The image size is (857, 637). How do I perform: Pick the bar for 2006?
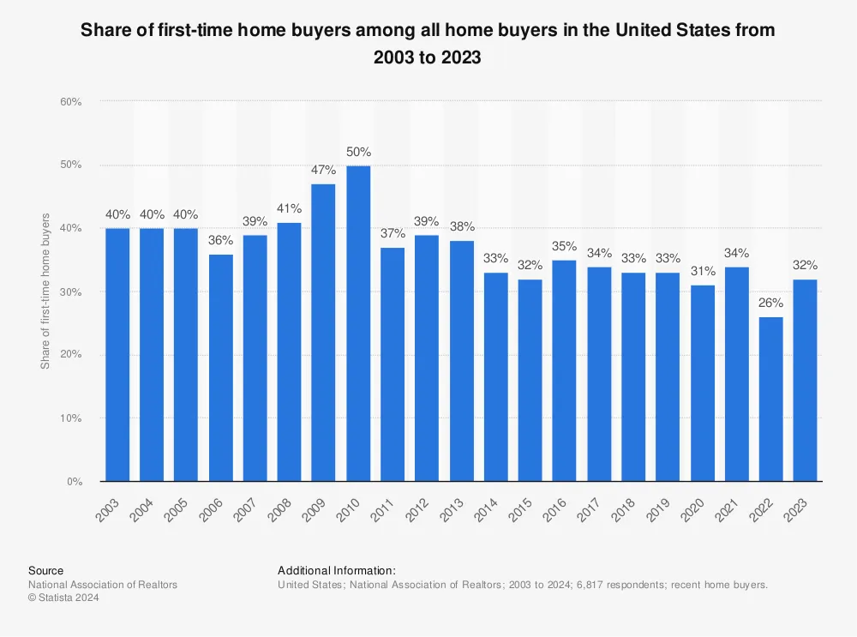220,368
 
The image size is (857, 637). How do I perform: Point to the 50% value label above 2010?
358,152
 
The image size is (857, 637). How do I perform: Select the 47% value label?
324,171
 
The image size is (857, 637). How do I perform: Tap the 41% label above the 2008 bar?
290,208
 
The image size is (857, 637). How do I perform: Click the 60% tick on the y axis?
70,102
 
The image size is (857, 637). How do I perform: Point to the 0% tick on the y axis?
74,482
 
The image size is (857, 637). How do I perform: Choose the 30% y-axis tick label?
70,292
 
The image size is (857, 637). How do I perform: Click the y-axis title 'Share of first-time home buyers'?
45,291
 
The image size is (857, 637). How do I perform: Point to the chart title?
428,44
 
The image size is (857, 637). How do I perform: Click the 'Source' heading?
45,570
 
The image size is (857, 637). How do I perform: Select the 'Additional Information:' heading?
336,570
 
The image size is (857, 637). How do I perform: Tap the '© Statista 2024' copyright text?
63,598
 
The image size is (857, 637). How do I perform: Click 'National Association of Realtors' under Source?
103,585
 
